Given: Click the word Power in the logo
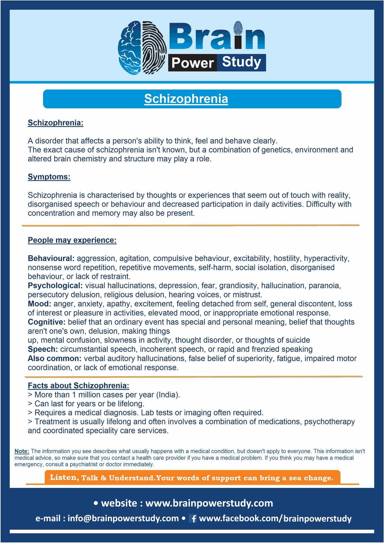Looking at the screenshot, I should [x=192, y=63].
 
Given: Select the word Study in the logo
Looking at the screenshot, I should [x=242, y=62].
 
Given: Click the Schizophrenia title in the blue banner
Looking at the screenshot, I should [x=186, y=99].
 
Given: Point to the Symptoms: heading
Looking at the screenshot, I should [x=49, y=177].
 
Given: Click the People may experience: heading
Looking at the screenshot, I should [x=72, y=240].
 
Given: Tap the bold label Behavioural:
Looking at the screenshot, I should [x=51, y=258].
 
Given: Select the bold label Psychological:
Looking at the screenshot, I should [x=55, y=286].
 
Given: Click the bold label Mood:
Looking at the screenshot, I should [x=39, y=304].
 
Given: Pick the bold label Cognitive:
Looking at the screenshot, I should [x=47, y=322].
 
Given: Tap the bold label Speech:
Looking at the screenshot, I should [x=43, y=349].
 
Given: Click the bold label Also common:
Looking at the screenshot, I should [x=55, y=359].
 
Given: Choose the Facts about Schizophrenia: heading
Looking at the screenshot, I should [x=78, y=385].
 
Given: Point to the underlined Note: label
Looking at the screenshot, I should [x=22, y=451].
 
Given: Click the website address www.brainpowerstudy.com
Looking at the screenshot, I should [x=209, y=503].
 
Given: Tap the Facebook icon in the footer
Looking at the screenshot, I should [x=193, y=518].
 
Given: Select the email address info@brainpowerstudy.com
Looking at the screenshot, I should [x=123, y=518].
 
